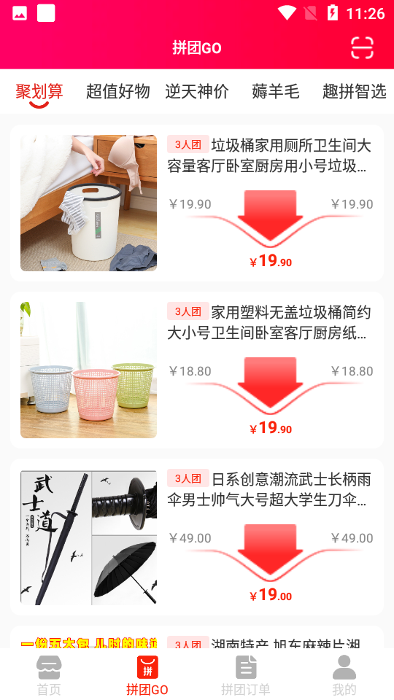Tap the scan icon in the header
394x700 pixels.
point(362,47)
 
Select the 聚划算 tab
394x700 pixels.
point(39,91)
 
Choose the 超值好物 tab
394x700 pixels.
point(118,91)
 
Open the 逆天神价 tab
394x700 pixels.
point(197,91)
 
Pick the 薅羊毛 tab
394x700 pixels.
point(276,91)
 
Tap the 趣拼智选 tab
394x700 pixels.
point(355,91)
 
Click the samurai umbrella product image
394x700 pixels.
point(88,537)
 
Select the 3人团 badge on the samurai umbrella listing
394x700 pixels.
point(188,478)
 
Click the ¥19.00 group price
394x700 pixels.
point(271,595)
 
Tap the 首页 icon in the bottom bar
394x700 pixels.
point(49,667)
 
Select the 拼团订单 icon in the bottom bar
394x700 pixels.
point(246,667)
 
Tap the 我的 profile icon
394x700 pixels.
point(344,667)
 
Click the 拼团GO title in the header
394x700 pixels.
point(197,48)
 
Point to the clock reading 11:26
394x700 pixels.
point(366,13)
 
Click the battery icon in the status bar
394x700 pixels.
point(333,13)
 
